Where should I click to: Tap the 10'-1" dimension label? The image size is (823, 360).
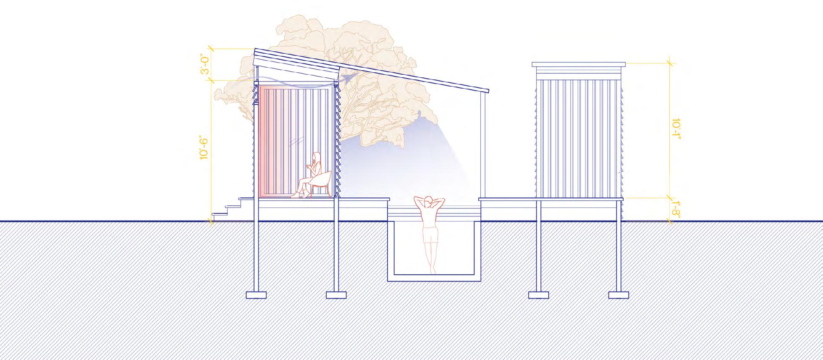[x=676, y=130]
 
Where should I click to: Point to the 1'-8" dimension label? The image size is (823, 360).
[x=676, y=209]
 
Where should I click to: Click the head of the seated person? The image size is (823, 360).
[x=317, y=158]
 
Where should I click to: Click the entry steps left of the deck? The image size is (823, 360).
[x=225, y=210]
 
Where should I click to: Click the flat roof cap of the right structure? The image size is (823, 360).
[x=579, y=65]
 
